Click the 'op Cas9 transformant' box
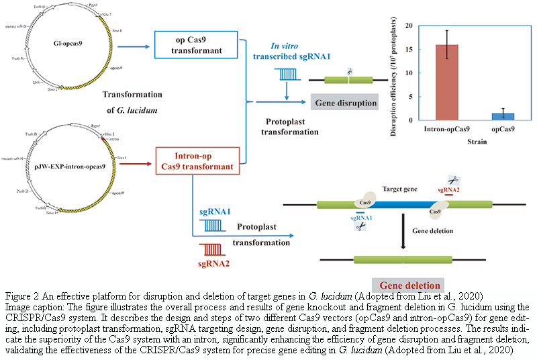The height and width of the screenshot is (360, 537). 197,46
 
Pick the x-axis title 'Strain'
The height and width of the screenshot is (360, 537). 478,142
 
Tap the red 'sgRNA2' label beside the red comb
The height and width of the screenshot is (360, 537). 213,263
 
